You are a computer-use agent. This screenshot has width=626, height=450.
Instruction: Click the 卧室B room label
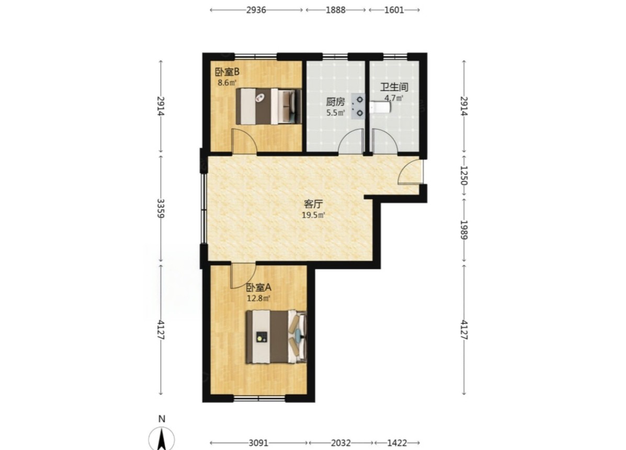pos(227,72)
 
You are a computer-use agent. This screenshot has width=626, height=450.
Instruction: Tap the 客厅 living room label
pos(313,205)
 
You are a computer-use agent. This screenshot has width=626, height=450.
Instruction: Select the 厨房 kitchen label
pos(335,102)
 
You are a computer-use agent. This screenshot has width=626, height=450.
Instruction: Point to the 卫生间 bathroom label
pos(394,87)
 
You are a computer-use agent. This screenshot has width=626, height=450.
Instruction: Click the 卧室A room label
pos(259,287)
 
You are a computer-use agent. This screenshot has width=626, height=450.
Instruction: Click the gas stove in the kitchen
pos(358,107)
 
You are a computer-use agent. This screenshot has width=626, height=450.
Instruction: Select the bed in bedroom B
pos(269,106)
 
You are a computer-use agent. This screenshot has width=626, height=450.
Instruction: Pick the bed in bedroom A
pos(276,337)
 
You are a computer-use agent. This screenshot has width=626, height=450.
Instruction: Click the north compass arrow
pos(162,438)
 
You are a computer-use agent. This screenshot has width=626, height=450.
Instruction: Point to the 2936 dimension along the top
pos(256,10)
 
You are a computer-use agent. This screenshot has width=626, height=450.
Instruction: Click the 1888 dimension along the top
pos(335,10)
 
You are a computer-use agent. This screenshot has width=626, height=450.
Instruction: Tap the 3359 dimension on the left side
pos(161,208)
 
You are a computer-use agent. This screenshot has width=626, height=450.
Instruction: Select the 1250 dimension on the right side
pos(464,176)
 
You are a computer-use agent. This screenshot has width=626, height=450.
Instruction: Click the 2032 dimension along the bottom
pos(341,443)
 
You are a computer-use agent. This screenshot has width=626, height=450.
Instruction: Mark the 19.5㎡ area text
pos(313,216)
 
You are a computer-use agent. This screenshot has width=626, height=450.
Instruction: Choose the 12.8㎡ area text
pos(259,298)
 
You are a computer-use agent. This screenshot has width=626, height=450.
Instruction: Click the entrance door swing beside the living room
pos(409,172)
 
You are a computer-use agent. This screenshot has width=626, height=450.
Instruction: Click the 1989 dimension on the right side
pos(464,230)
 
